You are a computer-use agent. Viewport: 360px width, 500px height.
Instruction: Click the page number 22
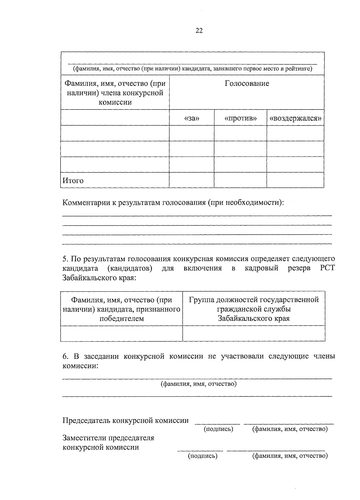tap(199, 31)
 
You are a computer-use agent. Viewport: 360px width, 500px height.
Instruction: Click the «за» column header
tap(192, 119)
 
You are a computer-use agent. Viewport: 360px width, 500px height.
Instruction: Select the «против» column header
tap(241, 119)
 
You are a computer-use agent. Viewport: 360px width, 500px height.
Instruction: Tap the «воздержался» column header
tap(295, 119)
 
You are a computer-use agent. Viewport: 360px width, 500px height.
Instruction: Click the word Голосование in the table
tap(247, 83)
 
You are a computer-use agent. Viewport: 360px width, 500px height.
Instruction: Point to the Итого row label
tap(73, 181)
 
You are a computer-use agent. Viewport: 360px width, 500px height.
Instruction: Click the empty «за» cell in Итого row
tap(192, 180)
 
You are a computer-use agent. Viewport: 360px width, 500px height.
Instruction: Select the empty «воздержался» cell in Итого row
tap(295, 180)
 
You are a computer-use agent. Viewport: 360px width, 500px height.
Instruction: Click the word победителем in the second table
tap(121, 318)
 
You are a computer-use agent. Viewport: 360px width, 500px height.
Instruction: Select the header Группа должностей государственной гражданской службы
tap(254, 304)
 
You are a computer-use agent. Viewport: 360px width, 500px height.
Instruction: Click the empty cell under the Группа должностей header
tap(254, 333)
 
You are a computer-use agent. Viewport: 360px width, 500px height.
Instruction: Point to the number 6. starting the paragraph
tap(66, 357)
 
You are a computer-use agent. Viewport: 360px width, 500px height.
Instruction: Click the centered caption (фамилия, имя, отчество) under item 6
tap(199, 384)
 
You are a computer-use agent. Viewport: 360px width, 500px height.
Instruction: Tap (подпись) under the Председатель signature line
tap(218, 429)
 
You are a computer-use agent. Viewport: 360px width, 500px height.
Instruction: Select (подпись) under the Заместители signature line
tap(202, 456)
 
